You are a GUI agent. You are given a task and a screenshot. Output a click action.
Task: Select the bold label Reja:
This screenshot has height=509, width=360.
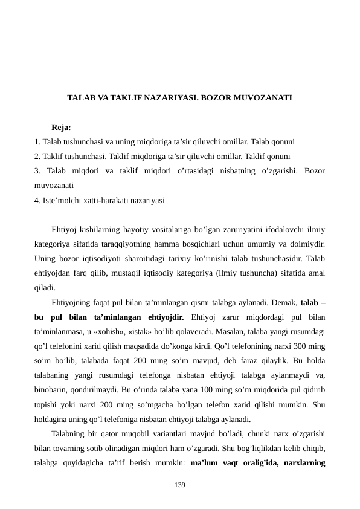(x=62, y=128)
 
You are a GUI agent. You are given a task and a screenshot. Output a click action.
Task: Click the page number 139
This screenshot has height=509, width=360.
(x=180, y=485)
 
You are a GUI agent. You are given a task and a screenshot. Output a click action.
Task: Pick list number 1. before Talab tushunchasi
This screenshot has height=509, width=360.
(x=37, y=143)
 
